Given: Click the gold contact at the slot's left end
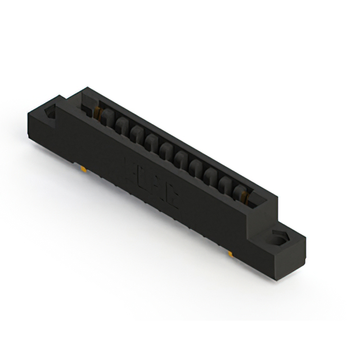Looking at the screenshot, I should click(104, 115).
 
